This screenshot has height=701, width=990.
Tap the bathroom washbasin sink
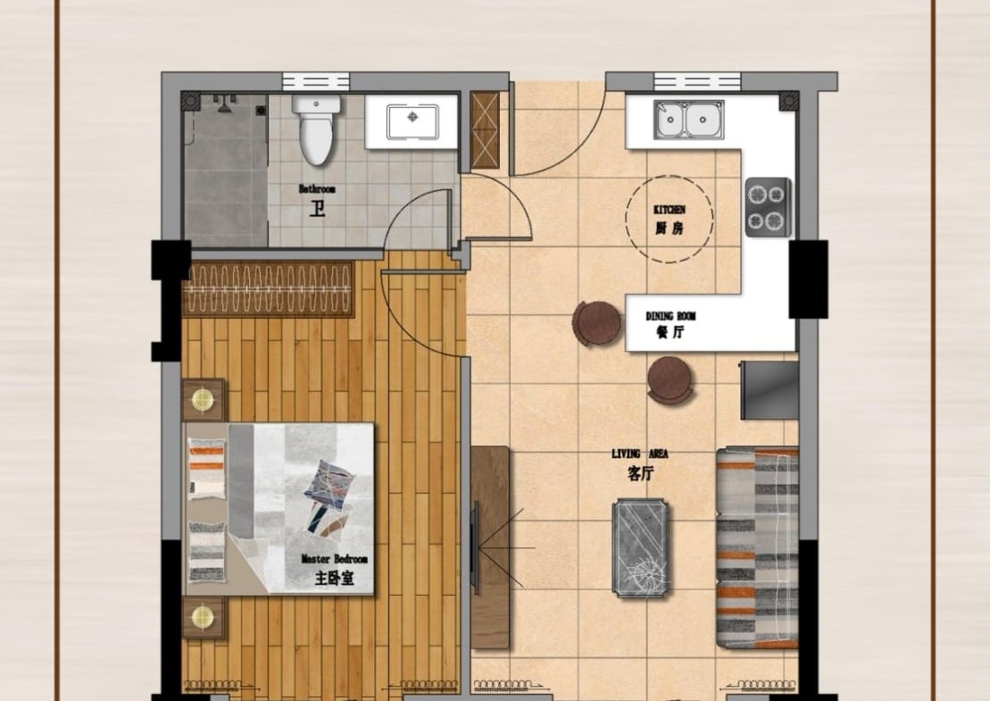pos(412,122)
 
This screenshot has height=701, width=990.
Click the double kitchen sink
pos(688,120)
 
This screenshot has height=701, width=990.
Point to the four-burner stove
pos(768,207)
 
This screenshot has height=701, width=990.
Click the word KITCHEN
pos(670,210)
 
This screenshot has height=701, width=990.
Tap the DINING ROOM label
pos(670,316)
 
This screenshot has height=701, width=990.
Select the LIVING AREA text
pos(639,454)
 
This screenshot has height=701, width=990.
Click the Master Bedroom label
pos(334,559)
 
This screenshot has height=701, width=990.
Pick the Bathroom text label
pos(317,188)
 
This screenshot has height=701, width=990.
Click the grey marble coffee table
pos(640,547)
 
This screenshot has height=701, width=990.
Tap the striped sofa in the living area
pos(757,547)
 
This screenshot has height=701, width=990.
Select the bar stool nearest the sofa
pos(670,380)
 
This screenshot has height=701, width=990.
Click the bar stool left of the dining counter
pos(595,323)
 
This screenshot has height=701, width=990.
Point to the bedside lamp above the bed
pos(203,400)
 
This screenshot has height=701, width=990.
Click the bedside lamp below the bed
pos(203,618)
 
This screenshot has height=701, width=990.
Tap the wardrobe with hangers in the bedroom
pos(269,288)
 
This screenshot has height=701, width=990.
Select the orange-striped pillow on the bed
pos(206,468)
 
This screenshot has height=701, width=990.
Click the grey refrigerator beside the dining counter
pos(770,390)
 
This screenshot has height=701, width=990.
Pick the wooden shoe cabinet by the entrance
pos(485,130)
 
